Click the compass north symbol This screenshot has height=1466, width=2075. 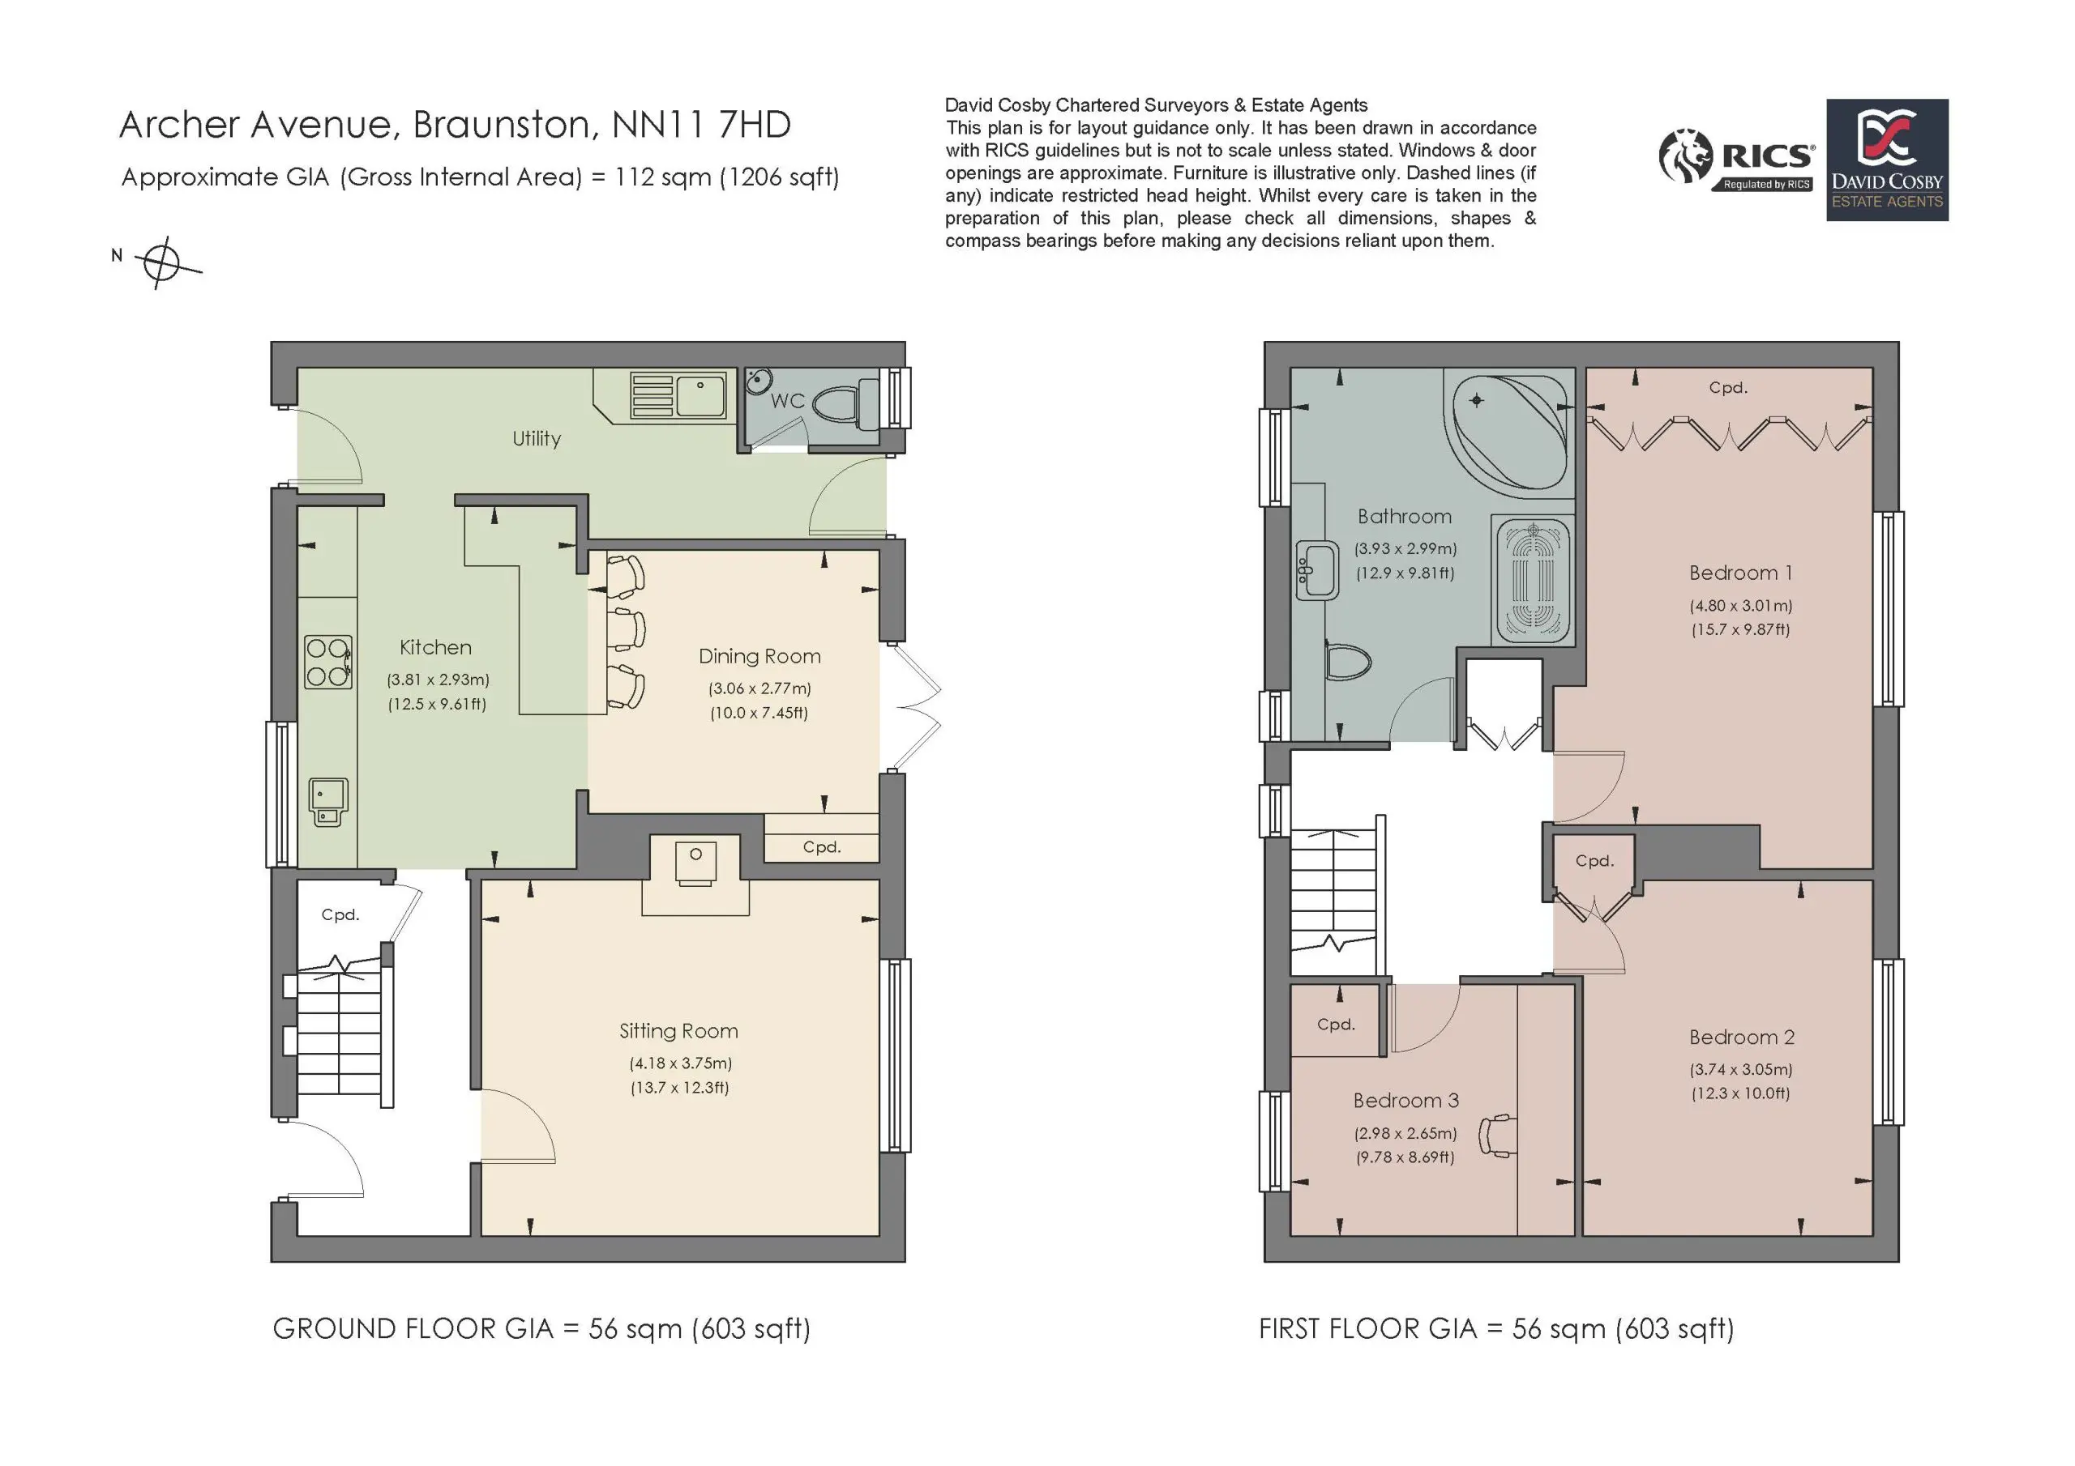[x=160, y=263]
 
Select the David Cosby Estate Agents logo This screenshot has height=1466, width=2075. [x=1887, y=160]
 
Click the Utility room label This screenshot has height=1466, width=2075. [x=537, y=439]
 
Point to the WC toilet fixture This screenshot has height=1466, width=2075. [x=846, y=405]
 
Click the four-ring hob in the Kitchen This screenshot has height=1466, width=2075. [x=328, y=662]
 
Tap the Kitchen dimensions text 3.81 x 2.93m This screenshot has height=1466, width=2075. [x=439, y=680]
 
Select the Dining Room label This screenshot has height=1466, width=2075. [x=759, y=657]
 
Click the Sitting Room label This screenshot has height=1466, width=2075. [x=678, y=1030]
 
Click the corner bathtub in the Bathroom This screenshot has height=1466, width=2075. [x=1509, y=432]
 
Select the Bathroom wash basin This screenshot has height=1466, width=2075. [x=1317, y=570]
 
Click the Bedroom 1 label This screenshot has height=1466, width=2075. [x=1740, y=573]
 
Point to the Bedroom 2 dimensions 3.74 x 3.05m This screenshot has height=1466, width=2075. [x=1740, y=1069]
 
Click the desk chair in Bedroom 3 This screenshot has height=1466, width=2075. [x=1496, y=1136]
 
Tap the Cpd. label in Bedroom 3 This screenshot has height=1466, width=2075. [x=1336, y=1025]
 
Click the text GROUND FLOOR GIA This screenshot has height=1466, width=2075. [x=413, y=1328]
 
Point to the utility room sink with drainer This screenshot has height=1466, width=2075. [x=678, y=394]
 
